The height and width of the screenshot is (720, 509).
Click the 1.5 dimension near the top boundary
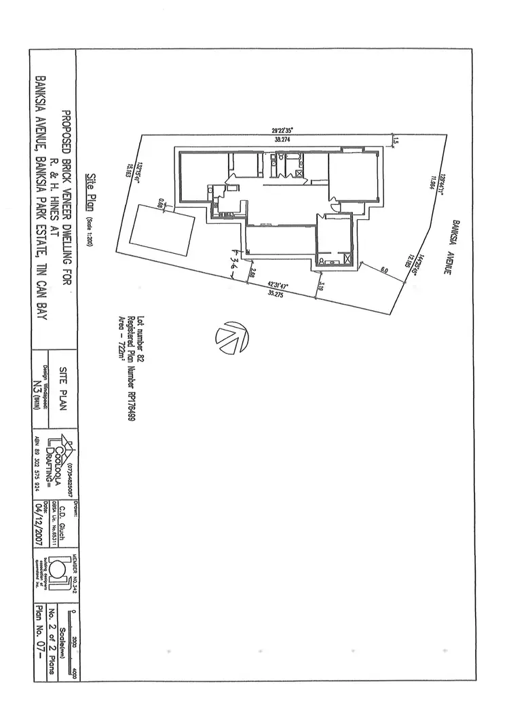click(394, 141)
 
